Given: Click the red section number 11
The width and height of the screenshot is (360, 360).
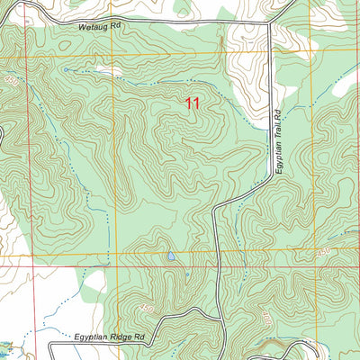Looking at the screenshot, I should point(192,103).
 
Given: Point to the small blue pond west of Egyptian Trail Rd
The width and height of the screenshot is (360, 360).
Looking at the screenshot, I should point(170,256).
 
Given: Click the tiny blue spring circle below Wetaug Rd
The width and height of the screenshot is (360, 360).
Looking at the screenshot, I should point(66,68).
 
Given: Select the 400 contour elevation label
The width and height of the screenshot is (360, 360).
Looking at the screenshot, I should point(267,319).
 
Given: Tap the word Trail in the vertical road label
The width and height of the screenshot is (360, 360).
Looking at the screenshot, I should point(279,136).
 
